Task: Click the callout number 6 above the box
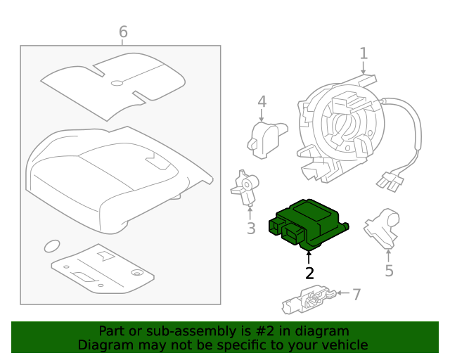click(x=123, y=32)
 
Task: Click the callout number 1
click(x=364, y=53)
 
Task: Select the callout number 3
click(x=251, y=229)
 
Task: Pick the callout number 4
click(x=262, y=102)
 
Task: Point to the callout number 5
click(x=389, y=271)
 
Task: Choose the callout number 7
click(x=356, y=294)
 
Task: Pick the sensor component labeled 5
click(x=382, y=226)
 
